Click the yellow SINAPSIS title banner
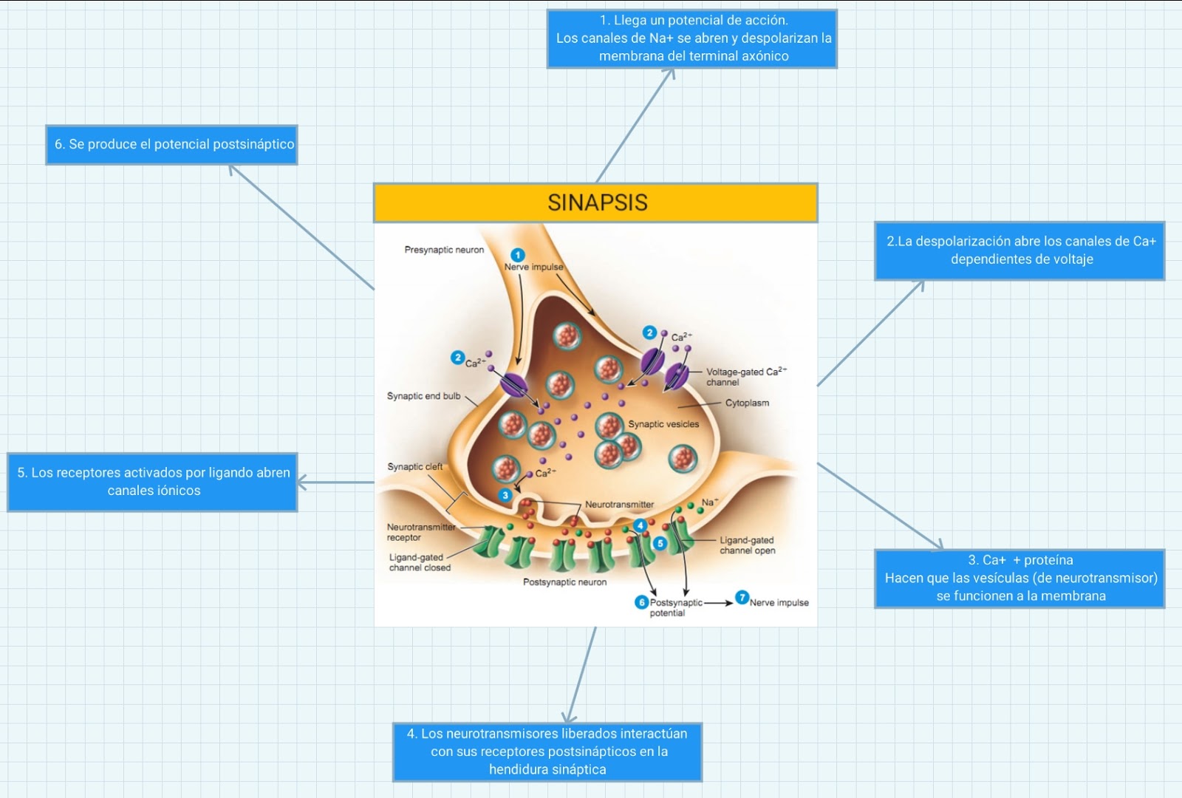tap(595, 202)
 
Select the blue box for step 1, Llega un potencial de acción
tap(692, 38)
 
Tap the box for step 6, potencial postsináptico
tap(172, 145)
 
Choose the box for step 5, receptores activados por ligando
tap(153, 482)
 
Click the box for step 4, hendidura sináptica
tap(547, 751)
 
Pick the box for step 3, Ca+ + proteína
tap(1020, 579)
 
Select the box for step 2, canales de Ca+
tap(1020, 250)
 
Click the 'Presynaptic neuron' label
tap(444, 250)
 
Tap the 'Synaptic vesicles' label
tap(663, 424)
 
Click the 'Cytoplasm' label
tap(747, 403)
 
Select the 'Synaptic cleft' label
tap(414, 466)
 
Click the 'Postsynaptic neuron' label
tap(564, 582)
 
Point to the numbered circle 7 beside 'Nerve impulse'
tap(742, 598)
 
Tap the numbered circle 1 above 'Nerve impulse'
tap(518, 255)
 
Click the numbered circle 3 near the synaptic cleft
tap(505, 495)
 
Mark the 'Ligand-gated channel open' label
tap(747, 545)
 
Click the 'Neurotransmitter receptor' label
tap(420, 532)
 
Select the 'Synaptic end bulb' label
tap(423, 396)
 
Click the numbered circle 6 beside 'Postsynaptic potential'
tap(641, 602)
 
